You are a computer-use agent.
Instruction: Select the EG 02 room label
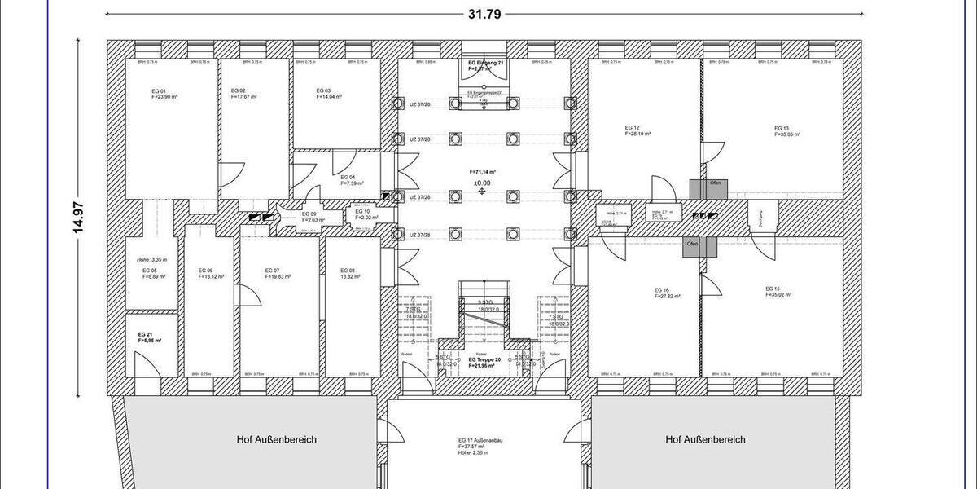coord(239,90)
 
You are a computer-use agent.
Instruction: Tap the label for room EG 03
coord(323,90)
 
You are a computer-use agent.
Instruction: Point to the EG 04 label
coord(348,177)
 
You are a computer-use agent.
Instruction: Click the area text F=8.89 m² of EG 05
coord(154,277)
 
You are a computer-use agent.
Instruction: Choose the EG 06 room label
coord(205,271)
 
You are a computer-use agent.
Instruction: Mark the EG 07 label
coord(272,271)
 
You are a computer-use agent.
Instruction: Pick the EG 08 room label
coord(348,271)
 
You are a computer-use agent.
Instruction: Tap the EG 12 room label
coord(632,128)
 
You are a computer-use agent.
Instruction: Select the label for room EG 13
coord(782,128)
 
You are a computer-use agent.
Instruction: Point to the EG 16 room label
coord(661,290)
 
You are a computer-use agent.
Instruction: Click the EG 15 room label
coord(773,289)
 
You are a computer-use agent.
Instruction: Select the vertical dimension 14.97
coord(79,216)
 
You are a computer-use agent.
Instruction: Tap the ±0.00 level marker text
coord(483,183)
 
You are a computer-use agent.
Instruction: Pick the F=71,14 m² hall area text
coord(483,172)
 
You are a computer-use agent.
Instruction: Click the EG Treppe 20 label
coord(485,359)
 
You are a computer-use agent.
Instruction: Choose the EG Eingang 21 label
coord(487,63)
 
